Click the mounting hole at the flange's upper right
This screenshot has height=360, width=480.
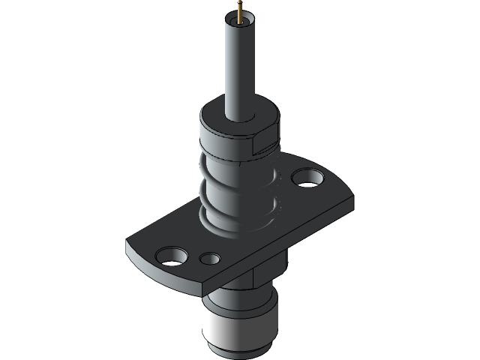click(x=307, y=178)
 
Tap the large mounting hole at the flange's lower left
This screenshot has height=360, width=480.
click(x=172, y=256)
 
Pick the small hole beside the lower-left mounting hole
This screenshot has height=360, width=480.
click(x=211, y=259)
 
